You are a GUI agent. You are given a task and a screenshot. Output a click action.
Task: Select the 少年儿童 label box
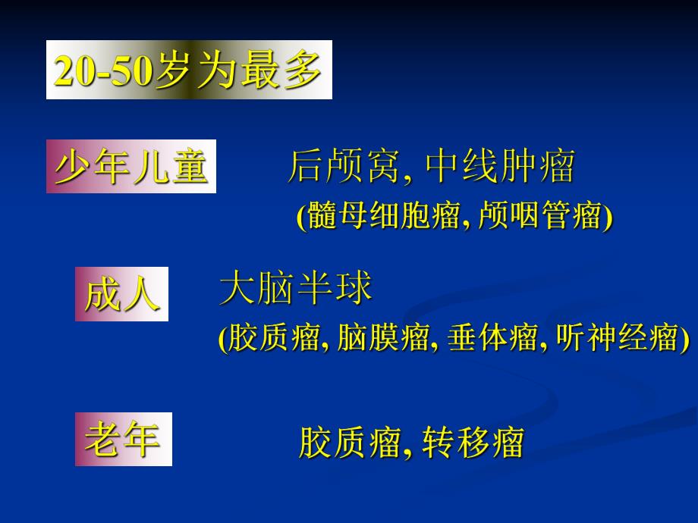[x=131, y=167]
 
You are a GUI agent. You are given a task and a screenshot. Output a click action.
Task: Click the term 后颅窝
[x=343, y=167]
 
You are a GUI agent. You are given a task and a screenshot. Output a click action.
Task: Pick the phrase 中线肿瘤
[x=500, y=167]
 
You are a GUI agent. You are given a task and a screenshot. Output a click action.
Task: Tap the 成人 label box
[x=121, y=294]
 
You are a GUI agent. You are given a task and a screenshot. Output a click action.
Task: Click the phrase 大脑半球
[x=296, y=289]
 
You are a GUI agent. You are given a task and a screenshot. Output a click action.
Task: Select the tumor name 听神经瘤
[x=616, y=337]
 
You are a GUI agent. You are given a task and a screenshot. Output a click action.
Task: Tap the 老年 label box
[x=123, y=440]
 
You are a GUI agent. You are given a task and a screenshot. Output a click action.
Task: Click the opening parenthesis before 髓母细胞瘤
[x=300, y=218]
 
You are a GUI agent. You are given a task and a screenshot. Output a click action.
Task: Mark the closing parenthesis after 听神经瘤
[x=685, y=338]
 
